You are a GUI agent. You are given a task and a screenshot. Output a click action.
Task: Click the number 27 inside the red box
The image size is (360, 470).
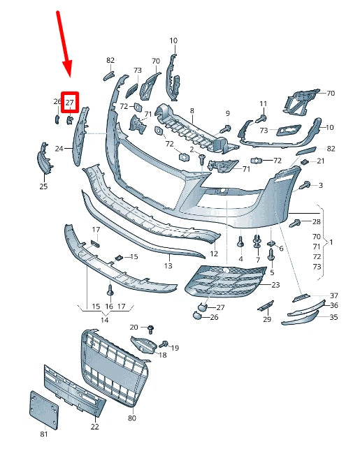[x=69, y=102]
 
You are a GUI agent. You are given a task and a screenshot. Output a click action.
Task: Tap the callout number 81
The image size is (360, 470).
[x=44, y=435]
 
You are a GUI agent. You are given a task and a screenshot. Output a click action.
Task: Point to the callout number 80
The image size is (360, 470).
[x=132, y=419]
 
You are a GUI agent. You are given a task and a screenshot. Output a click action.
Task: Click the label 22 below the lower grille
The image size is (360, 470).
[x=94, y=427]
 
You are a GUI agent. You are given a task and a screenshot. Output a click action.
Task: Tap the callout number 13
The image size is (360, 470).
[x=168, y=266]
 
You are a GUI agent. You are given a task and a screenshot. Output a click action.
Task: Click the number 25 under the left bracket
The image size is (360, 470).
[x=43, y=186]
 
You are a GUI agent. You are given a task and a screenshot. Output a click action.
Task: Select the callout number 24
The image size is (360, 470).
[x=59, y=148]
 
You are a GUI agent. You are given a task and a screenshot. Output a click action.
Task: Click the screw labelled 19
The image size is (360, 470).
[x=164, y=344]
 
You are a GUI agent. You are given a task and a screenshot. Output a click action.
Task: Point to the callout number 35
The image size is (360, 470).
[x=333, y=317]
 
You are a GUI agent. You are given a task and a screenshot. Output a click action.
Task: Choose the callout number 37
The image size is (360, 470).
[x=333, y=295]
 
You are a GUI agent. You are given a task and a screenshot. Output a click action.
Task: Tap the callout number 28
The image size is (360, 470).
[x=316, y=221]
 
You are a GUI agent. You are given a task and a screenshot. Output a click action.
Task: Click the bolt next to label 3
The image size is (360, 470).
[x=305, y=185]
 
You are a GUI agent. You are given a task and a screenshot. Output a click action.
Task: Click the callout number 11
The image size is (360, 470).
[x=263, y=103]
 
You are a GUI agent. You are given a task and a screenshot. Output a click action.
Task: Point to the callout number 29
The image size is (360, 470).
[x=266, y=319]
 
